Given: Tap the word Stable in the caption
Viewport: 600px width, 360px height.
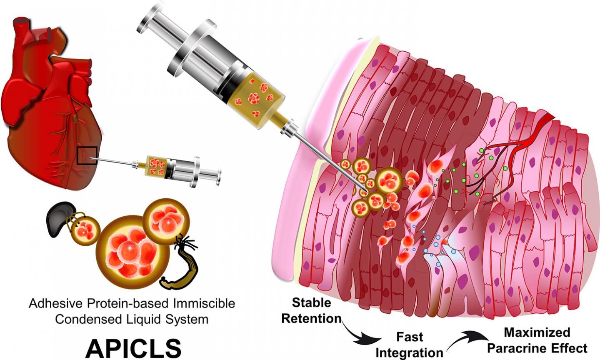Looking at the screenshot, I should [311, 302].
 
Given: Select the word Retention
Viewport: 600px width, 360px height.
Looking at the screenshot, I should [311, 319].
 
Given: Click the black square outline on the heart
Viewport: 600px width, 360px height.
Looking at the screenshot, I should [87, 155].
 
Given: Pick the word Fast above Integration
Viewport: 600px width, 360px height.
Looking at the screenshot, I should [409, 337].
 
